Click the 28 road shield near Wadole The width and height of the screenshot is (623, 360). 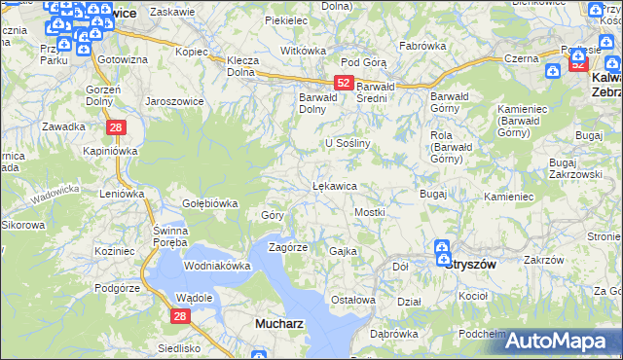pos(179,315)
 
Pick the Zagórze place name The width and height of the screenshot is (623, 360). pos(287,247)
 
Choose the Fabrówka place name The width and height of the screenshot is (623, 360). pos(422,46)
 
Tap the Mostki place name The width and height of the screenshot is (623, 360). pos(370,211)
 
